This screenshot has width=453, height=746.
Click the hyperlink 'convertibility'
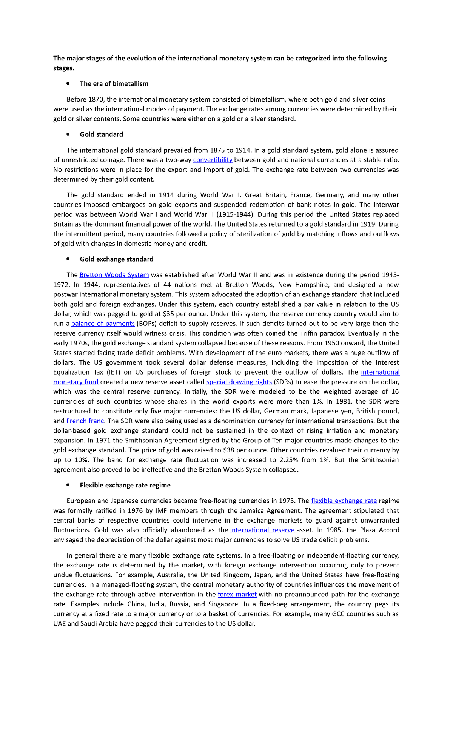(213, 160)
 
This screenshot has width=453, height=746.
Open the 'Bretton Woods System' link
(114, 275)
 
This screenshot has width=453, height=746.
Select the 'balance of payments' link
(103, 324)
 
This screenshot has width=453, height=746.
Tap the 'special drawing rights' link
(239, 382)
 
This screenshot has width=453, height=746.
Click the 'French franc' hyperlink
(85, 421)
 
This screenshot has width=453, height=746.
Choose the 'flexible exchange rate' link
(344, 501)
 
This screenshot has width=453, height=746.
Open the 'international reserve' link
(262, 530)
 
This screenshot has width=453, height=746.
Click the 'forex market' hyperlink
(237, 595)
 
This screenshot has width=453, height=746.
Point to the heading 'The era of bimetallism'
(114, 84)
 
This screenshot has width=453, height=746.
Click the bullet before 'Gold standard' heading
(68, 134)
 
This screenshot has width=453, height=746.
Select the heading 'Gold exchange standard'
(116, 259)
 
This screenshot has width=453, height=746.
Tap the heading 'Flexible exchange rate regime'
(125, 485)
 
